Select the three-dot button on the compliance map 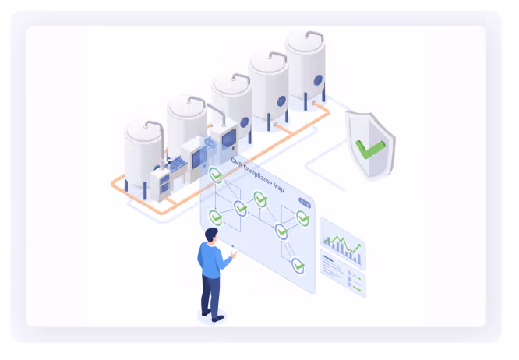coord(304,203)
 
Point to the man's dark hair coord(212,234)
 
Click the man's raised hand coord(232,254)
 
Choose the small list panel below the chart coord(342,276)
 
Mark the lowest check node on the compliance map coord(298,266)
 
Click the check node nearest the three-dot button coord(302,218)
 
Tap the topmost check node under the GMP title coord(216,175)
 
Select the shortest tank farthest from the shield coord(143,153)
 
